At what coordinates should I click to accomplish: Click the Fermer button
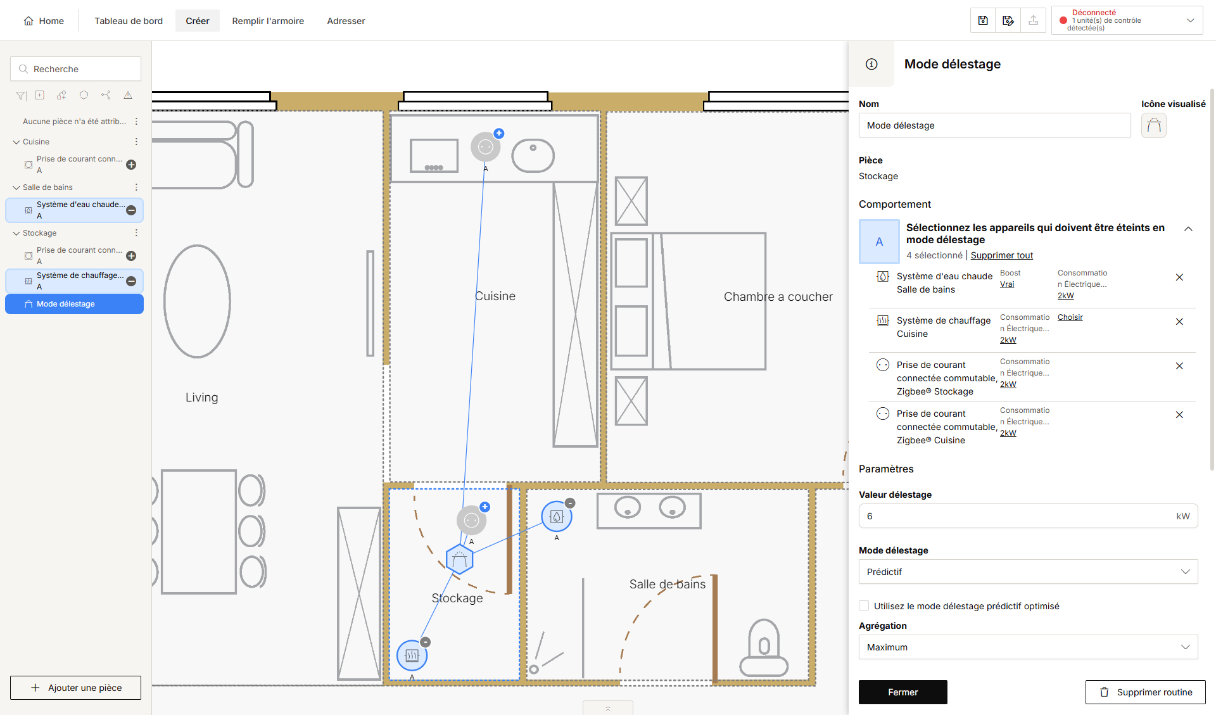902,692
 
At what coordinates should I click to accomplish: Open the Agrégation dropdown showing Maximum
1028,647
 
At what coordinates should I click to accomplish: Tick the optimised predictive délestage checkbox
864,606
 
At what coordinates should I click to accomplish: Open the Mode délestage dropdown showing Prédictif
1028,572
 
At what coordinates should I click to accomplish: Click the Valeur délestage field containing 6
1028,516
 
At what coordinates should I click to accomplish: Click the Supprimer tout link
1002,255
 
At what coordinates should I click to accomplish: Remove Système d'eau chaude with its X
1179,277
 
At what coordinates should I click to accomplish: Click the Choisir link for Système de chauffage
1070,317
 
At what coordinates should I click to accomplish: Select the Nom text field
994,125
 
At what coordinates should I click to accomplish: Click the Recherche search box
75,69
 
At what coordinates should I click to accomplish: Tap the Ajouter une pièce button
75,688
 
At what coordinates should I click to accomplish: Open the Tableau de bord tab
129,21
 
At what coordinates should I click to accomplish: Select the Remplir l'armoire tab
268,21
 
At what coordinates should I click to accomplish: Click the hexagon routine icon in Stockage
460,560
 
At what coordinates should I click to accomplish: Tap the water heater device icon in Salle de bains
557,517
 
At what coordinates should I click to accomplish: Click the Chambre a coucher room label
778,297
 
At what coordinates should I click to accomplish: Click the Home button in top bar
44,21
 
